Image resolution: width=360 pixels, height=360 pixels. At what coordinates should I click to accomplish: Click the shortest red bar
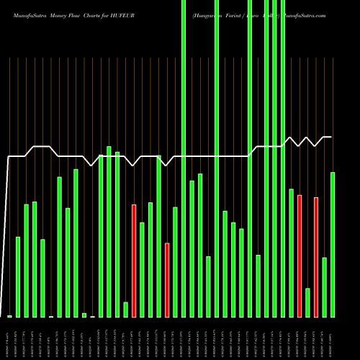tap(167, 280)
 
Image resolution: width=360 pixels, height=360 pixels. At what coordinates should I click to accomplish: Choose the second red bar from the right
tap(300, 256)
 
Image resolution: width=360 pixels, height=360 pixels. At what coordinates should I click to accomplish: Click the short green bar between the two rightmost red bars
tap(307, 302)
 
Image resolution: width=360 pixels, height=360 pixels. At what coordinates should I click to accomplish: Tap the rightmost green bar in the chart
tap(333, 245)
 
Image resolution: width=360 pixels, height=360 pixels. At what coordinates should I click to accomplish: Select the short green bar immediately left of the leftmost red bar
tap(126, 310)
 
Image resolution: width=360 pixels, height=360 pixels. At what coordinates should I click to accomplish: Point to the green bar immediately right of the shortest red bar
tap(175, 262)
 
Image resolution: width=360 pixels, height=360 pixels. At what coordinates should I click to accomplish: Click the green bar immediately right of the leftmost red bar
tap(143, 270)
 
